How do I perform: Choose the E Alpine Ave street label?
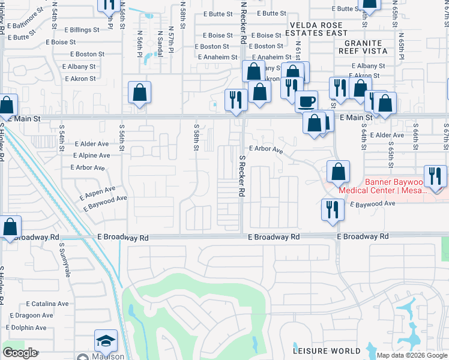[x=91, y=155]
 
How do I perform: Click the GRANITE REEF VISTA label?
[x=363, y=48]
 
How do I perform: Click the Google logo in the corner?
[x=20, y=353]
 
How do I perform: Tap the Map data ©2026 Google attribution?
[x=412, y=355]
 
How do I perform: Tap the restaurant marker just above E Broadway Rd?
[x=332, y=209]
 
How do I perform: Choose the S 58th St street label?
[x=196, y=139]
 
